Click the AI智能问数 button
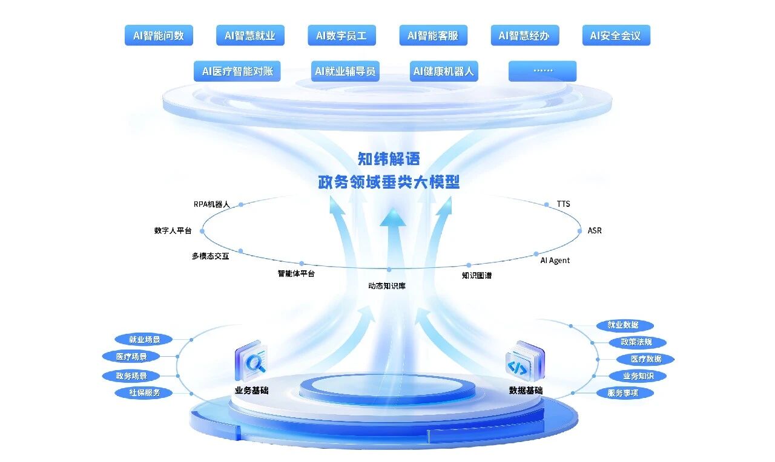coord(159,36)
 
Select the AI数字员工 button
coord(341,36)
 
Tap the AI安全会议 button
coord(615,36)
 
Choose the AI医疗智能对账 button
coord(237,71)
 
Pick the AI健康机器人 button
coord(443,71)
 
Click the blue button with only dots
coord(542,71)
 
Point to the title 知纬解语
coord(388,159)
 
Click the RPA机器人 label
coord(211,204)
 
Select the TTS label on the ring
coord(564,204)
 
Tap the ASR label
coord(595,231)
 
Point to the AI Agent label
coord(555,261)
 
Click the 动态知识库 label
coord(387,285)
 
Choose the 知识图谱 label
coord(477,276)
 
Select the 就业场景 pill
coord(143,339)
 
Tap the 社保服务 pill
coord(144,392)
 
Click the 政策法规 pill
coord(632,342)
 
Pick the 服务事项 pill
coord(630,393)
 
